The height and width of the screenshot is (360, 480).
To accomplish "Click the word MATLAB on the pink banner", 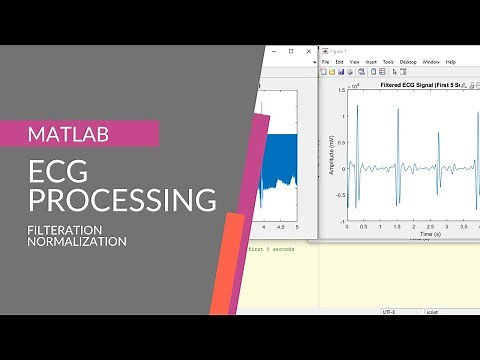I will [x=69, y=133].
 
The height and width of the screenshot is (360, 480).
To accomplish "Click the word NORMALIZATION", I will [x=77, y=242].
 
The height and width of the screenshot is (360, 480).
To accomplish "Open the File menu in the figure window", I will [x=326, y=62].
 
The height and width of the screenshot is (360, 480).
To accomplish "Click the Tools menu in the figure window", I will [x=387, y=62].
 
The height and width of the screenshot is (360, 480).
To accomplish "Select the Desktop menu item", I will [x=408, y=62].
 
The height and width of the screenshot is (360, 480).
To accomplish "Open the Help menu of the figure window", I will [x=450, y=62].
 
